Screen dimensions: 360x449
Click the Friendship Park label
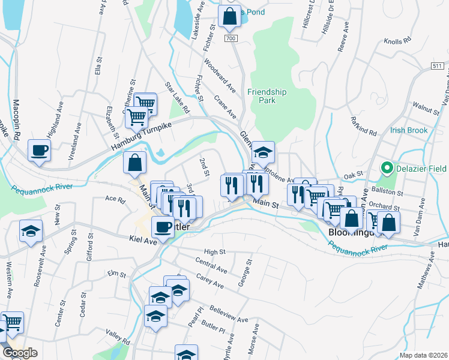(267, 96)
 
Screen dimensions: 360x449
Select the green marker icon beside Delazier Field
(387, 167)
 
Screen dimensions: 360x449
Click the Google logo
(19, 353)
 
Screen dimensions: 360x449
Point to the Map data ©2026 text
(423, 355)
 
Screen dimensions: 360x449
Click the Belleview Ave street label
(229, 314)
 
